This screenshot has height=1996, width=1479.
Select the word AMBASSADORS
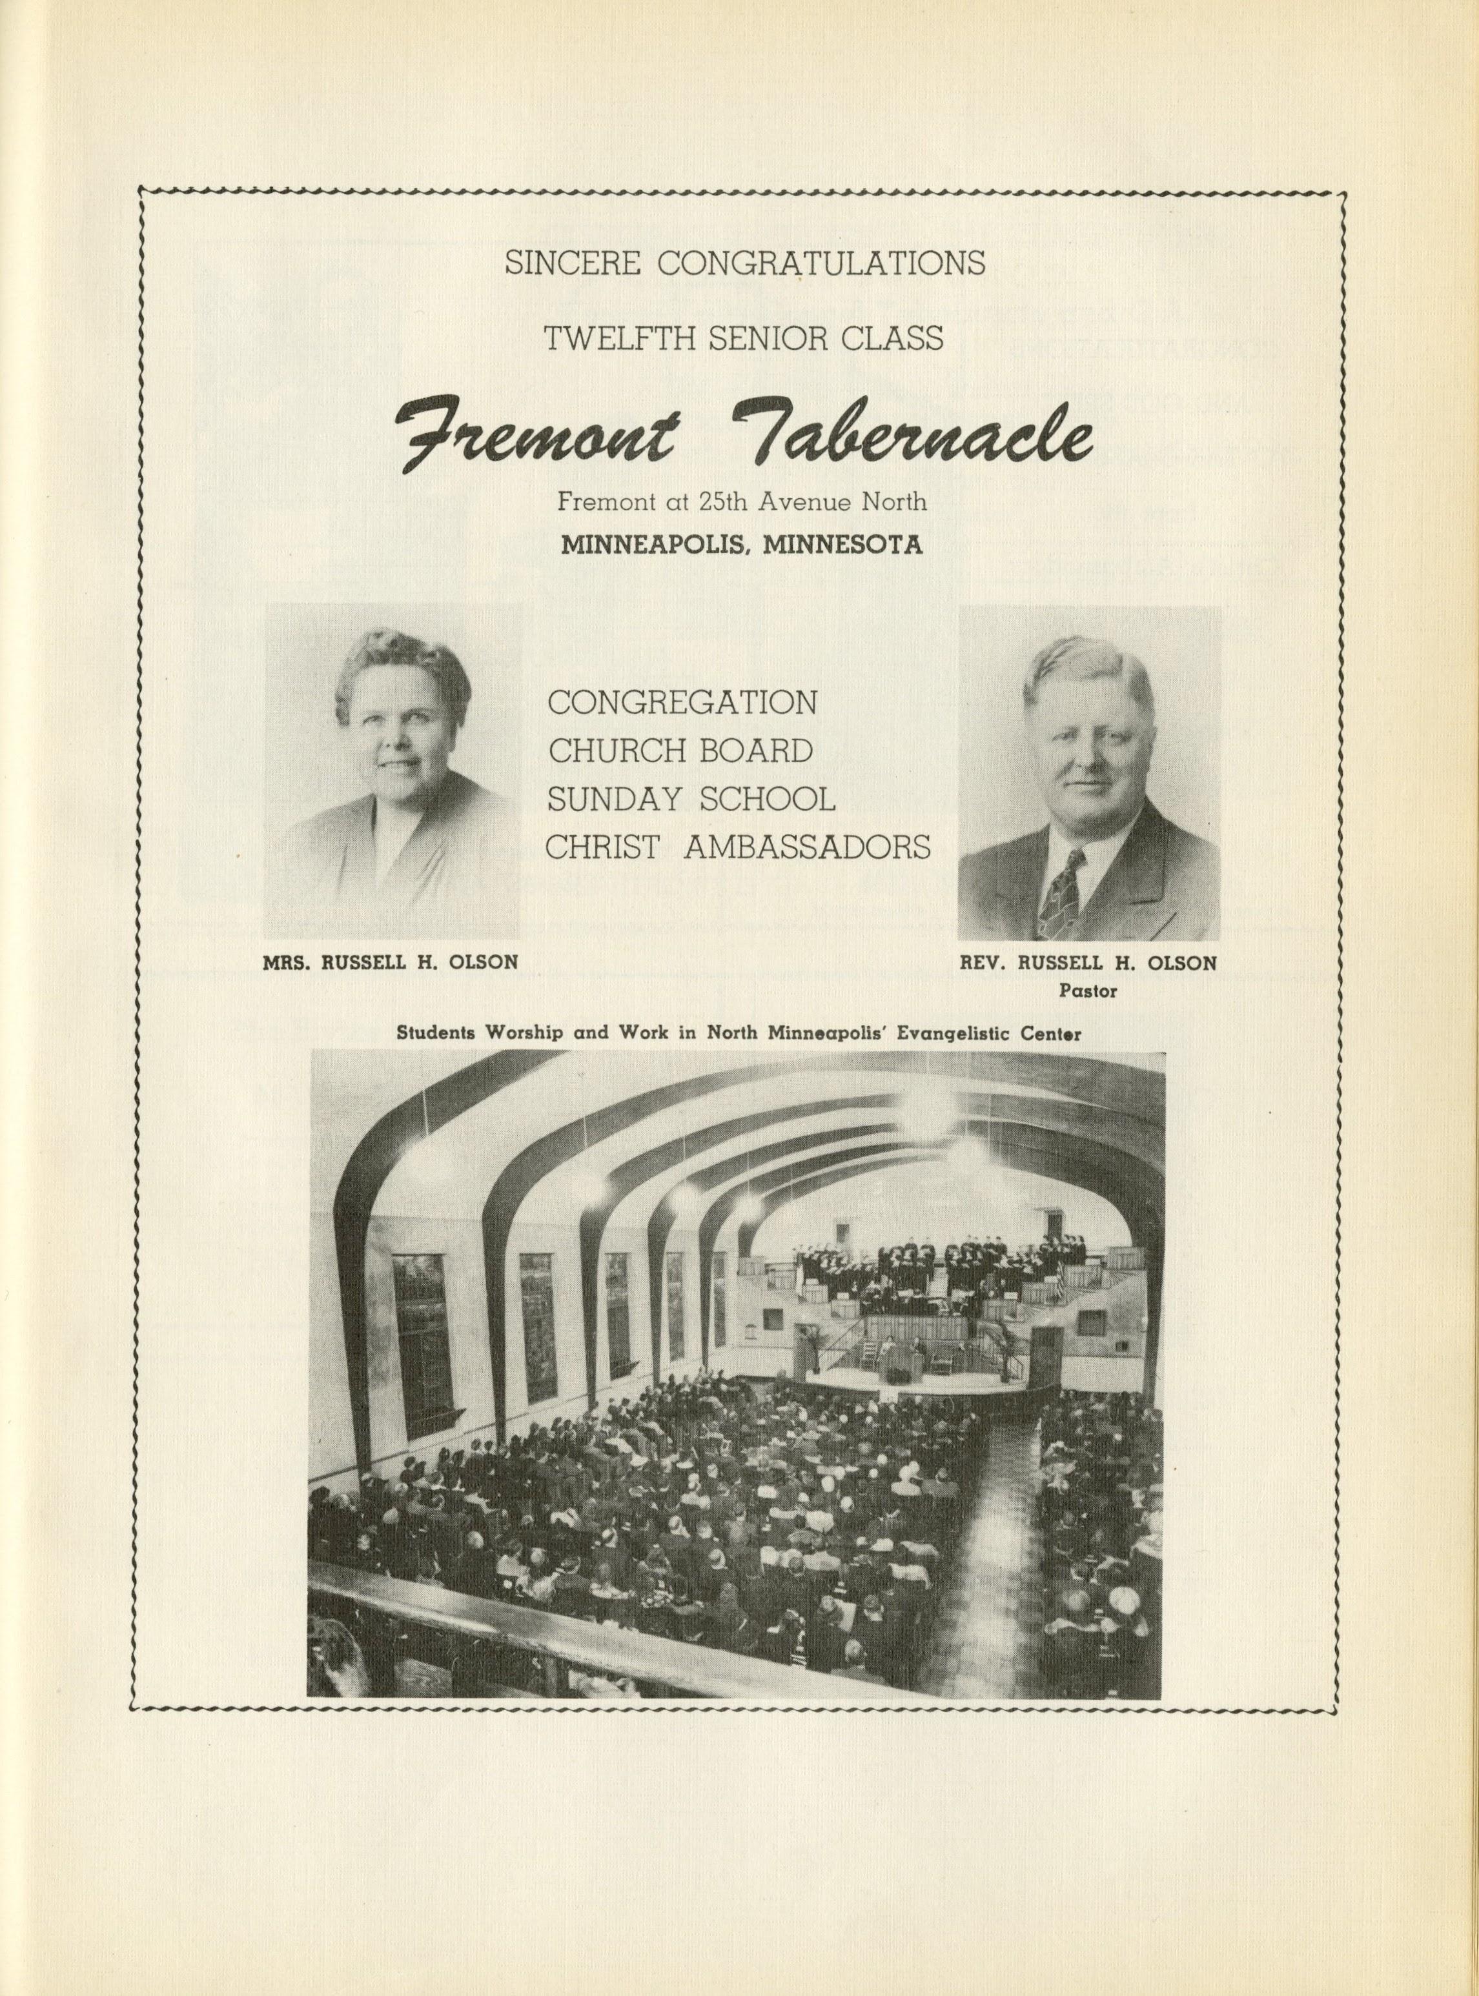tap(807, 847)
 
